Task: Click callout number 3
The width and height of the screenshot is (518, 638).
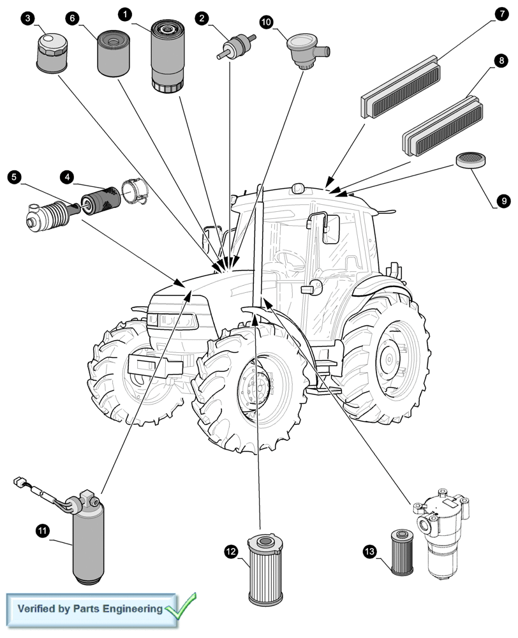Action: [x=28, y=19]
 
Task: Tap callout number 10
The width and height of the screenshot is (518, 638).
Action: [x=266, y=22]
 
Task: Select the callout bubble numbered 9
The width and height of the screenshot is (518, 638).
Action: [x=503, y=201]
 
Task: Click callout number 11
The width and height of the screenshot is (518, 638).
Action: [x=42, y=530]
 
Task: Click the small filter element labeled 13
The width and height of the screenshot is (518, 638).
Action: [x=403, y=552]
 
